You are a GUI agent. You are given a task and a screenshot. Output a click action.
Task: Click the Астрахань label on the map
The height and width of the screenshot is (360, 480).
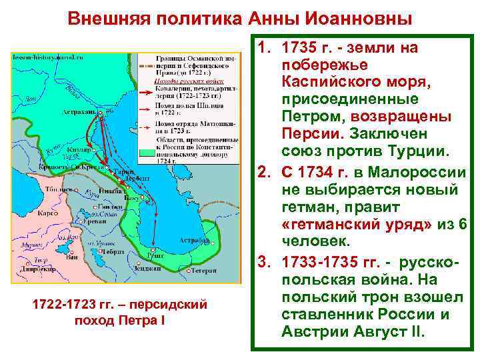(79, 112)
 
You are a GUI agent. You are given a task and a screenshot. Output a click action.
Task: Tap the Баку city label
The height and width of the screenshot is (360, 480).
(136, 198)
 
